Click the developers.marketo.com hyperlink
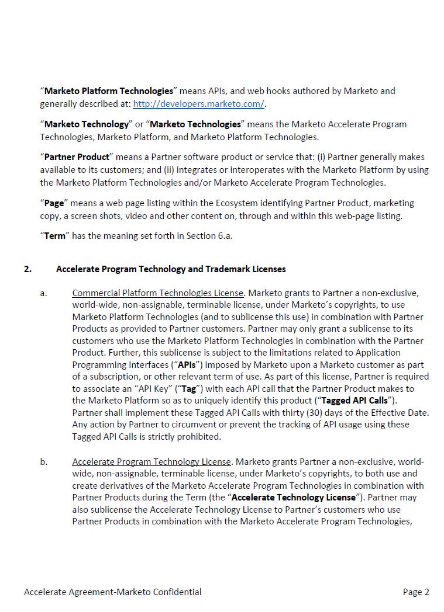[198, 104]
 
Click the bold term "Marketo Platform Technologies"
[109, 91]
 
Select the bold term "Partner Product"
[77, 157]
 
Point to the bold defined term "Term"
[54, 236]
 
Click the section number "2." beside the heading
[28, 269]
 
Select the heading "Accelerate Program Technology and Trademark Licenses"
[171, 269]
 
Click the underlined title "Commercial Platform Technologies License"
[157, 293]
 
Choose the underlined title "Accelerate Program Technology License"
[152, 462]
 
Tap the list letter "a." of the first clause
[44, 293]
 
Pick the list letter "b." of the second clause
[44, 462]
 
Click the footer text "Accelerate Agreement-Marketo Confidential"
[113, 592]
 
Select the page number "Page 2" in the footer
[416, 592]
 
